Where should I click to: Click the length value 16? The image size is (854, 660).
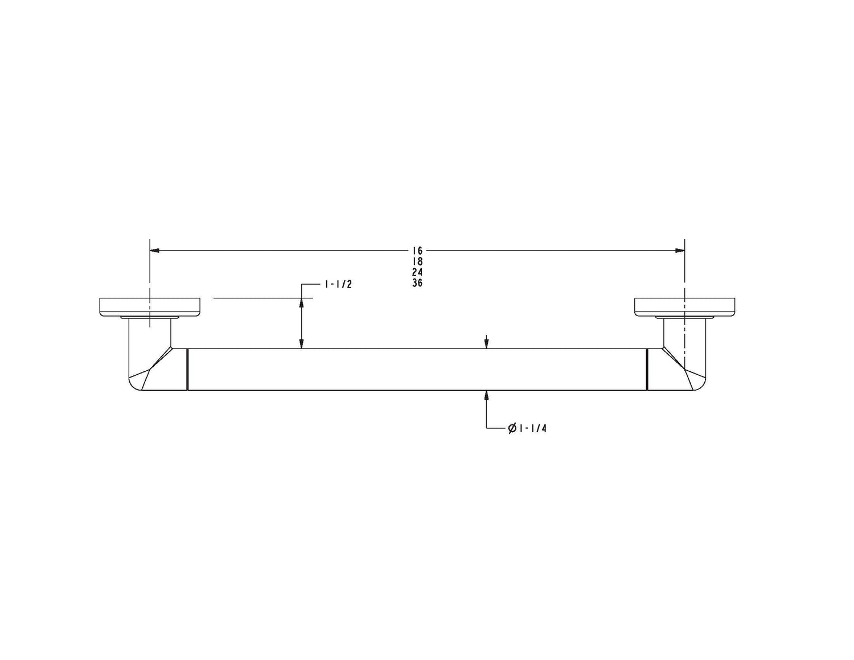[417, 251]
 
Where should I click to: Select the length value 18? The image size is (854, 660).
[417, 261]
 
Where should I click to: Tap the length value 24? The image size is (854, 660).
[417, 272]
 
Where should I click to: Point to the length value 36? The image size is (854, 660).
[417, 282]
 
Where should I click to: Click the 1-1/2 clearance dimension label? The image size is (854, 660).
[338, 284]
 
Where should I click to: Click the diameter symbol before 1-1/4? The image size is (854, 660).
[512, 428]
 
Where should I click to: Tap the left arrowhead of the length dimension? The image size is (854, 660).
[154, 251]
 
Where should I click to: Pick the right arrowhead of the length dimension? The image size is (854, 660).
[680, 251]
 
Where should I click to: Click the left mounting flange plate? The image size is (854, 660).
[150, 307]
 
